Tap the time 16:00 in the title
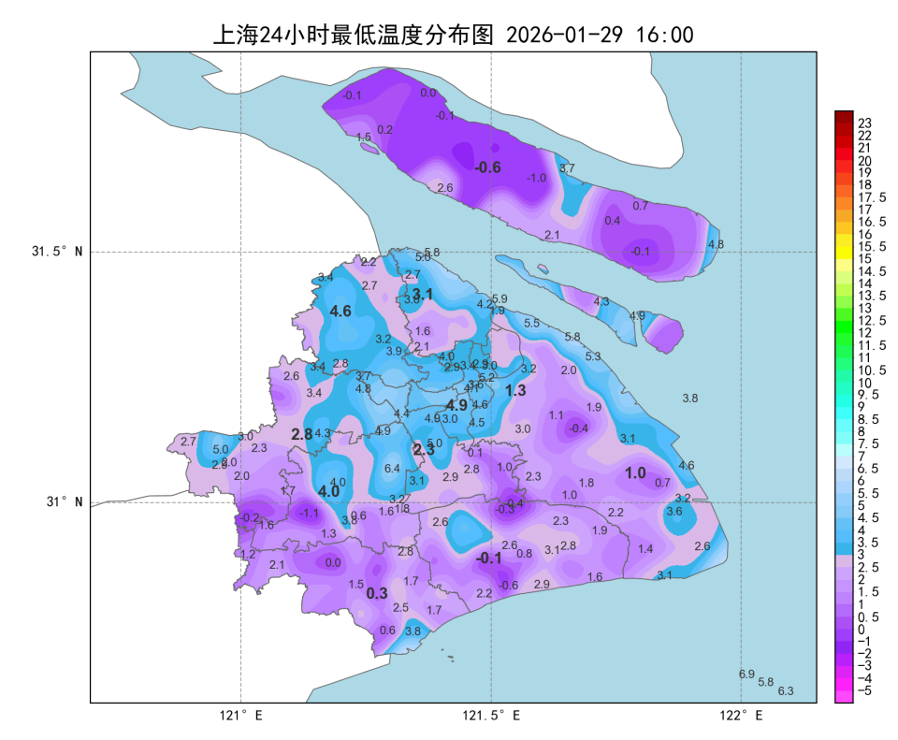click(x=664, y=36)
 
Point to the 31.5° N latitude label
click(x=56, y=252)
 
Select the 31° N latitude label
click(x=64, y=501)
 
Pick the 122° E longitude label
click(x=742, y=717)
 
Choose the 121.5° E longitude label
click(x=492, y=717)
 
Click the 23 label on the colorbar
click(x=864, y=123)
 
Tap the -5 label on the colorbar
click(x=865, y=690)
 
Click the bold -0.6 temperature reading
click(x=487, y=167)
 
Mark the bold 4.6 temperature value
click(x=340, y=312)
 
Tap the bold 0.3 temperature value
click(x=376, y=593)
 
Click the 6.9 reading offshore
click(x=746, y=674)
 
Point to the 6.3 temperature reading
click(x=786, y=691)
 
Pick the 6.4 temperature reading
click(x=392, y=469)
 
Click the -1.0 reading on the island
click(x=536, y=178)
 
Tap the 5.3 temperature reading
click(x=593, y=356)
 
